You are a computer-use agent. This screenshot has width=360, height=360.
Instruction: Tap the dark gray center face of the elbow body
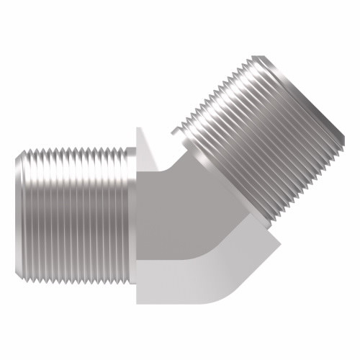tap(173, 216)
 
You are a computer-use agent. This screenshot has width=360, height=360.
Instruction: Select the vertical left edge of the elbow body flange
tap(137, 216)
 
